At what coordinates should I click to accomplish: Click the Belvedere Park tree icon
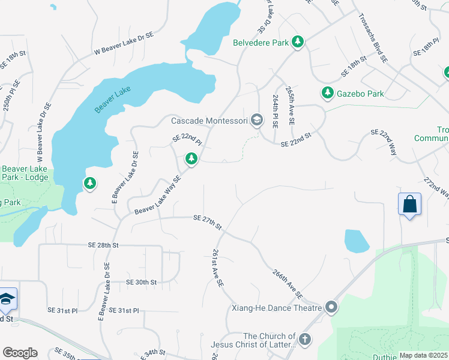(297, 41)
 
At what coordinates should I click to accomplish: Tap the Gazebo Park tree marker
(327, 93)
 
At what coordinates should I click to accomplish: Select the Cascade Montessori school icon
(257, 121)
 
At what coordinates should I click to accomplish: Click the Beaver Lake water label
(112, 99)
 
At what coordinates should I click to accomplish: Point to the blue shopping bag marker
(409, 204)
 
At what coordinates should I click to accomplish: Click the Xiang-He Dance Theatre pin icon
(332, 308)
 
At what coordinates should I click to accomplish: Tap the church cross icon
(305, 340)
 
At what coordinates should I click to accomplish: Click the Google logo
(20, 353)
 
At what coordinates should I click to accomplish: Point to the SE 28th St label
(100, 246)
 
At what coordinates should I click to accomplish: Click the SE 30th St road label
(141, 282)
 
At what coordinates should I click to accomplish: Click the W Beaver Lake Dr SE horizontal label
(123, 43)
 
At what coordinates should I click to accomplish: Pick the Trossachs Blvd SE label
(373, 38)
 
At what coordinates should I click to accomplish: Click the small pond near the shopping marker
(357, 241)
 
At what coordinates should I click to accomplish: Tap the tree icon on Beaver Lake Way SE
(191, 159)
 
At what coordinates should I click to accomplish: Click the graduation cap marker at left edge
(7, 299)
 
